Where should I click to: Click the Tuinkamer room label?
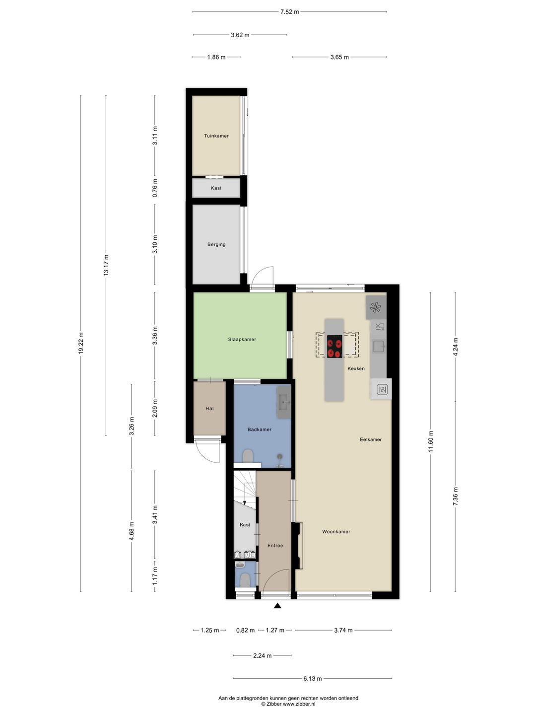tap(216, 136)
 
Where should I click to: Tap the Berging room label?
tap(216, 244)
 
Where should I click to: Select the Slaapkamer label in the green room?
tap(242, 339)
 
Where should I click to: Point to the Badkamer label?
tap(260, 429)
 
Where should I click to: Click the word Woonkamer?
tap(336, 532)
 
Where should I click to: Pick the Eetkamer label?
tap(371, 439)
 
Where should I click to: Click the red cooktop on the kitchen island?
tap(335, 347)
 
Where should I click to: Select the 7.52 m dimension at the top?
tap(290, 12)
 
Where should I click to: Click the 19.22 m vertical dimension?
tap(81, 343)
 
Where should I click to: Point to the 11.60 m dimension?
tap(431, 441)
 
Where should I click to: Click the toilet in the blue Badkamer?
tap(248, 456)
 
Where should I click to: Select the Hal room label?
tap(209, 409)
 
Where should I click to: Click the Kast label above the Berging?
tap(216, 188)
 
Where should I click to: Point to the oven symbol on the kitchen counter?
tap(382, 389)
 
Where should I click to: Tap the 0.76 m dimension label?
tap(155, 188)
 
